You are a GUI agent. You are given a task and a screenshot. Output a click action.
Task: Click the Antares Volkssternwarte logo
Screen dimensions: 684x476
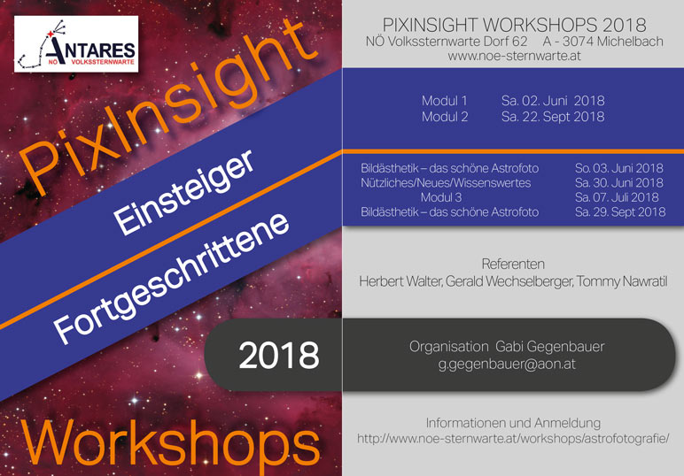pyautogui.click(x=76, y=44)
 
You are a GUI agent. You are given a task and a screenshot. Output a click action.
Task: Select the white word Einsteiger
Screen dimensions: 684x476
pyautogui.click(x=183, y=192)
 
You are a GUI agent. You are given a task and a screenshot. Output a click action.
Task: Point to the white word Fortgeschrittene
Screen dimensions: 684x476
pyautogui.click(x=171, y=278)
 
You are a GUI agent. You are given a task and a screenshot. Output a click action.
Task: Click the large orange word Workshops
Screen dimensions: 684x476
pyautogui.click(x=170, y=445)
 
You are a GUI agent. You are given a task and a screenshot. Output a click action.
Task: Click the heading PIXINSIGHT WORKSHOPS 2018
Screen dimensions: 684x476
pyautogui.click(x=514, y=26)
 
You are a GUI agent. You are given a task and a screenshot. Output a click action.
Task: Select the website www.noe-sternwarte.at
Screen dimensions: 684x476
pyautogui.click(x=514, y=56)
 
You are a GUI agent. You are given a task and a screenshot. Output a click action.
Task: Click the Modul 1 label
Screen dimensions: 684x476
pyautogui.click(x=444, y=101)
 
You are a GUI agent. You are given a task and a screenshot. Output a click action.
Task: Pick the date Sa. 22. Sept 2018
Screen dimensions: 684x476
pyautogui.click(x=553, y=117)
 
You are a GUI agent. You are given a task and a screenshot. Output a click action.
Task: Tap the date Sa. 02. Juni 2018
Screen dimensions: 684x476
pyautogui.click(x=553, y=101)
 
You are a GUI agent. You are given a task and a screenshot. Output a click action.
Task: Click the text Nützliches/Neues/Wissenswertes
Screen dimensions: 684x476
pyautogui.click(x=446, y=183)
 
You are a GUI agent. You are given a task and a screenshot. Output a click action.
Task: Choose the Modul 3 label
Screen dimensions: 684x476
pyautogui.click(x=441, y=197)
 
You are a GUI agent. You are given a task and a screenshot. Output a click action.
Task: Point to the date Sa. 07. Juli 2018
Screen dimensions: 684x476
pyautogui.click(x=617, y=197)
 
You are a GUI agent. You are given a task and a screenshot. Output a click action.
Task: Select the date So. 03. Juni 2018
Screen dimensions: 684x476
pyautogui.click(x=618, y=168)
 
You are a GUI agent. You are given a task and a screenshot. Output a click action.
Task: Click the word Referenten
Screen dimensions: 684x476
pyautogui.click(x=513, y=265)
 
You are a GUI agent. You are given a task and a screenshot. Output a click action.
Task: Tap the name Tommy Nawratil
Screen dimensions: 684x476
pyautogui.click(x=622, y=281)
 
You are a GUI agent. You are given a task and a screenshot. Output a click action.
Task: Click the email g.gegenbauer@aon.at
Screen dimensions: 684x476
pyautogui.click(x=507, y=364)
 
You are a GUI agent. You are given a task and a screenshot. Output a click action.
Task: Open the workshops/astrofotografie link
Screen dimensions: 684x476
pyautogui.click(x=513, y=439)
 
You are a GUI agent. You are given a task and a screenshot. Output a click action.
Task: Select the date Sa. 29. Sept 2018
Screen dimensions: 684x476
pyautogui.click(x=620, y=212)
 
